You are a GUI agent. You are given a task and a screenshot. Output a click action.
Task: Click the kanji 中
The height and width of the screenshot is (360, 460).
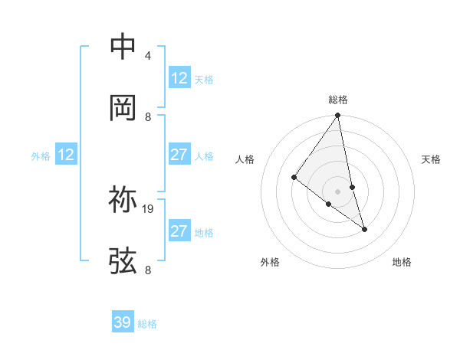pos(123,47)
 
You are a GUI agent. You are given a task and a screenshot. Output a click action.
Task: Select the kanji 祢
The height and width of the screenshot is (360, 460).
pos(123,200)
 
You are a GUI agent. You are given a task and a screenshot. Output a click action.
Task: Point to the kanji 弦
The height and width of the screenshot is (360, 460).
pos(123,260)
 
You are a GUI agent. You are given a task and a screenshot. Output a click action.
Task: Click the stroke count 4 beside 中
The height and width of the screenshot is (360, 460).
pos(147,56)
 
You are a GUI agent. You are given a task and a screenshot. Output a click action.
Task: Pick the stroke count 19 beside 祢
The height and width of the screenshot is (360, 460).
pos(148,208)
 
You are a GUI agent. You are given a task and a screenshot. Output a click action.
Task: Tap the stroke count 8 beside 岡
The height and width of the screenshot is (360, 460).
pos(147,116)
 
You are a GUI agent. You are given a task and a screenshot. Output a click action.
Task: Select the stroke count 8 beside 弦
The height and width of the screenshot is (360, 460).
pos(147,270)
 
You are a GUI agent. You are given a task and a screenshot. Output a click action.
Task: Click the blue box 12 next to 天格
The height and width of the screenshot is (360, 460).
pos(179,78)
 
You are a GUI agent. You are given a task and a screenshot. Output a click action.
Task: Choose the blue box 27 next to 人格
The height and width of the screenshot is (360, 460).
pos(179,155)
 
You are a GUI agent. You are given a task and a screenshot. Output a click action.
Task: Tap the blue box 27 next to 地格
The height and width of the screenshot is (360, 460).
pos(179,231)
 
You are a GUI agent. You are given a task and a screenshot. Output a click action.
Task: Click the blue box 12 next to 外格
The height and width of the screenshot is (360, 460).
pos(66,155)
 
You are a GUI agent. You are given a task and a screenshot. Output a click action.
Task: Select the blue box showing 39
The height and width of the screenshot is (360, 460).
pos(123,322)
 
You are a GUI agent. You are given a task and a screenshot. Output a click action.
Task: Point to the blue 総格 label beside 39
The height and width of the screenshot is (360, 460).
pos(147,324)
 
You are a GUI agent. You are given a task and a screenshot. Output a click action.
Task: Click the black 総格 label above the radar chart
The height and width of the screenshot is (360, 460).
pos(338,100)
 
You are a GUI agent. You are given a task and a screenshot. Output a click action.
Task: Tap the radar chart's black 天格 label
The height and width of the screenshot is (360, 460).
pos(432,159)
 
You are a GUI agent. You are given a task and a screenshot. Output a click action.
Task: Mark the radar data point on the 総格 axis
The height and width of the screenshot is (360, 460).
pos(338,116)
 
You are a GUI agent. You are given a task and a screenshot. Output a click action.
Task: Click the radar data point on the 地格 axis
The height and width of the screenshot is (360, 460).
pos(364,228)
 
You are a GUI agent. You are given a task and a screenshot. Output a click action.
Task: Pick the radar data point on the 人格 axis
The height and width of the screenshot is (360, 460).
pos(294,178)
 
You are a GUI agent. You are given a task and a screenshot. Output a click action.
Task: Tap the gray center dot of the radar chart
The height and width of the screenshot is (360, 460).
pos(338,191)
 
